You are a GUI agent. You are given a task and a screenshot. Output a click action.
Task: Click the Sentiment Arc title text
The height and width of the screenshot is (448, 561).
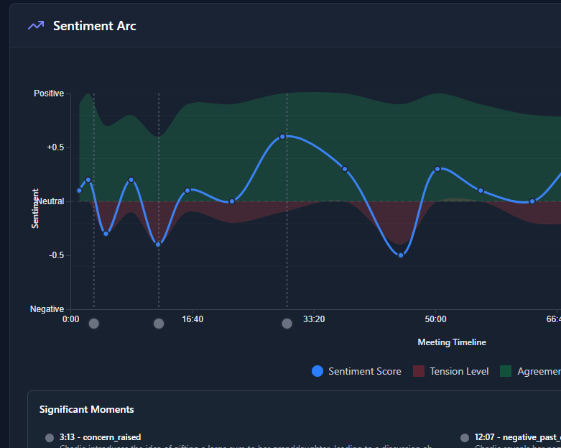94,26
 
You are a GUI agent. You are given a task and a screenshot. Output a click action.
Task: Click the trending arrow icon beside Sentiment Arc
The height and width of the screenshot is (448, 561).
36,26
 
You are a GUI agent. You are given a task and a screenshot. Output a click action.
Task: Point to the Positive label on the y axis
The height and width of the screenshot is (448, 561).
49,93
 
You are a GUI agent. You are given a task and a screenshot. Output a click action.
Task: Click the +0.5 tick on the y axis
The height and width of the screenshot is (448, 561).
55,147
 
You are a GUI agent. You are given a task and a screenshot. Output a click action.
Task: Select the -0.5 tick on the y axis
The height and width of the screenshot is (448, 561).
56,255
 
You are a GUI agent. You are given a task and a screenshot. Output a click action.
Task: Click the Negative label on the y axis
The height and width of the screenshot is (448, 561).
47,309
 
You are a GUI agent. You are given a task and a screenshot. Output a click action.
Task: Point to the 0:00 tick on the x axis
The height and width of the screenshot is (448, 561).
71,319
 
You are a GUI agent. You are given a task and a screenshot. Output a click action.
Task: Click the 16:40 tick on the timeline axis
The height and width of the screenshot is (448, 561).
193,319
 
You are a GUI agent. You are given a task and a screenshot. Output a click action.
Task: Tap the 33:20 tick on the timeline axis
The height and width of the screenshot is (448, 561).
314,319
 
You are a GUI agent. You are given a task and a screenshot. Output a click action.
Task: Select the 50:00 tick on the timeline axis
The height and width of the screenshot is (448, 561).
435,319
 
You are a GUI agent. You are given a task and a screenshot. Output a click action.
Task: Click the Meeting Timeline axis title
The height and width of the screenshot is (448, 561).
452,342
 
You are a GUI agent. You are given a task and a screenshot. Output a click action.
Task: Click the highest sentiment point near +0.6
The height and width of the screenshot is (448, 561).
282,136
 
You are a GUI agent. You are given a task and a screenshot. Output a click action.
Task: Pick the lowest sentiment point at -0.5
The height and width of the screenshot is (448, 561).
401,255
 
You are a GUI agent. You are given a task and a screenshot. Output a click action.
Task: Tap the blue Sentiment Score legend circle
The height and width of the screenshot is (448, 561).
317,371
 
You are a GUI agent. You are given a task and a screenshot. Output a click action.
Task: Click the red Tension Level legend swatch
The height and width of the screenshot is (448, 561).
419,371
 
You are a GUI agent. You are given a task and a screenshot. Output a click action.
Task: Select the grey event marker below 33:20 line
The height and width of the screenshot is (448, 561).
287,324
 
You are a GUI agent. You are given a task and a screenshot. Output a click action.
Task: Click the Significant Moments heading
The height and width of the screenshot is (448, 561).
86,409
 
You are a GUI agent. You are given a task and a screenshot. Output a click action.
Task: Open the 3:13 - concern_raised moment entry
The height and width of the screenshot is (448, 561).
100,437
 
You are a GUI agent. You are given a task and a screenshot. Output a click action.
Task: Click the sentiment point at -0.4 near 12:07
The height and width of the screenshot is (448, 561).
158,244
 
